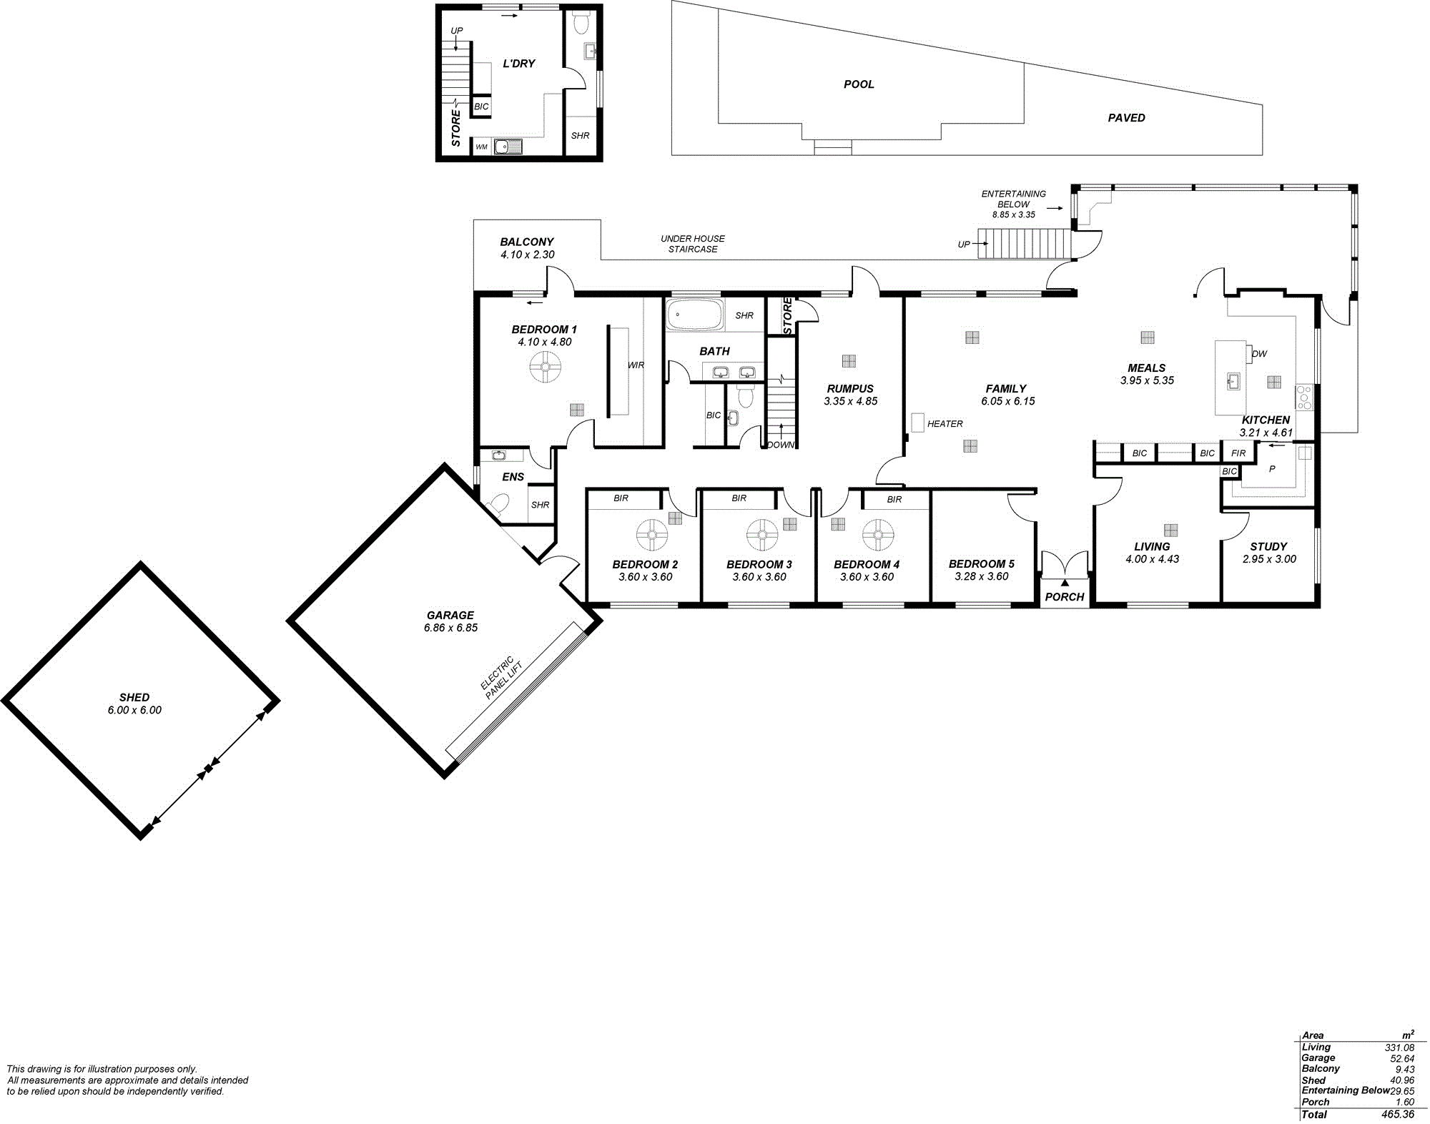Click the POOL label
859,84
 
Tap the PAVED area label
1126,118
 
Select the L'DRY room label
519,64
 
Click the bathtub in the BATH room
695,315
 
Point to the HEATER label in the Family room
945,424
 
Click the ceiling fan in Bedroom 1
545,368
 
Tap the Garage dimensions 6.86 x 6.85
450,628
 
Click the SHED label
134,697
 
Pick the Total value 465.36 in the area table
1398,1114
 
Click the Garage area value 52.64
1401,1058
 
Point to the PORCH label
1065,597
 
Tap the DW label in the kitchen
1260,354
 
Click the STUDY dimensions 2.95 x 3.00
1269,559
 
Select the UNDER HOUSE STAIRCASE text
693,244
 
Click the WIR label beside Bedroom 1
636,365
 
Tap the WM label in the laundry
482,147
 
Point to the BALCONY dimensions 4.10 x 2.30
528,255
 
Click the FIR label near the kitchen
1239,453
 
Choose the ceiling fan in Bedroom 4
878,535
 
